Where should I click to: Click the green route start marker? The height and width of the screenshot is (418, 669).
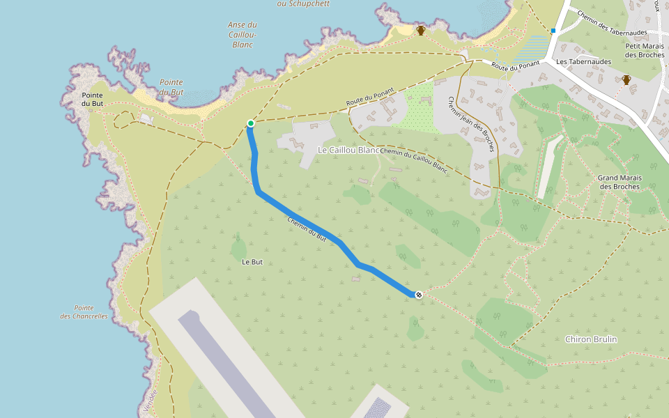pyautogui.click(x=250, y=123)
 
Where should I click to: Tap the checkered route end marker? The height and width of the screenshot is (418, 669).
pyautogui.click(x=419, y=295)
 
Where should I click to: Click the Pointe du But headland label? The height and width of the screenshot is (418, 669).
pyautogui.click(x=93, y=100)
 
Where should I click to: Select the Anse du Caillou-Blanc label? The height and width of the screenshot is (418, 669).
pyautogui.click(x=242, y=34)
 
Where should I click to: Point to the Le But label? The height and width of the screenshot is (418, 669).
pyautogui.click(x=252, y=262)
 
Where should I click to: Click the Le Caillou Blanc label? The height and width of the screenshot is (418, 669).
pyautogui.click(x=348, y=150)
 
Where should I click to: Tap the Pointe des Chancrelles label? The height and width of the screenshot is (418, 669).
pyautogui.click(x=84, y=311)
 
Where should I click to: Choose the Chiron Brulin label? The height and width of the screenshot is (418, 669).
pyautogui.click(x=591, y=339)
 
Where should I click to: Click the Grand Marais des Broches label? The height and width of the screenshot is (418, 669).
pyautogui.click(x=620, y=182)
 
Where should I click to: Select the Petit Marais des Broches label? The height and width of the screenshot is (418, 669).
pyautogui.click(x=645, y=50)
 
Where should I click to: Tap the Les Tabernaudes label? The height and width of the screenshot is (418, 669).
pyautogui.click(x=583, y=61)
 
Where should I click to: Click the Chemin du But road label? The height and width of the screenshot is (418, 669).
pyautogui.click(x=307, y=228)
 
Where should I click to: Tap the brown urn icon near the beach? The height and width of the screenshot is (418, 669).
pyautogui.click(x=421, y=30)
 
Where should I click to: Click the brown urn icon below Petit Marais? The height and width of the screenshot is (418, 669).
pyautogui.click(x=626, y=79)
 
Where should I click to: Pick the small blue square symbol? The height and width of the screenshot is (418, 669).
pyautogui.click(x=553, y=31)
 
